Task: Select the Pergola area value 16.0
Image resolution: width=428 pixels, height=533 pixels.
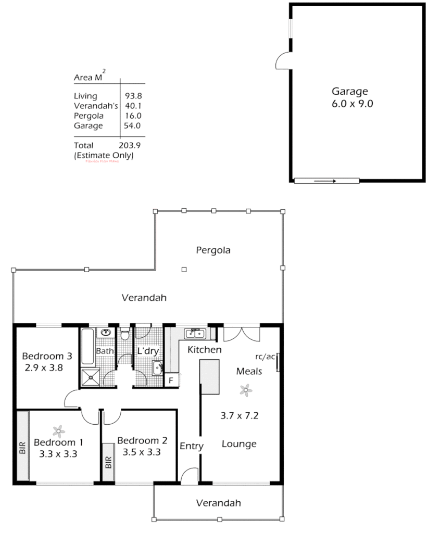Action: coord(133,116)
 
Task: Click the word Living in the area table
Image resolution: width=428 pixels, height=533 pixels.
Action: coord(85,96)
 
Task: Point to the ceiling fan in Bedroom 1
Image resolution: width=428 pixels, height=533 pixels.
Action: coord(59,430)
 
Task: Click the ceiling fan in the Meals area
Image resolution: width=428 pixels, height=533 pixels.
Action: coord(245,389)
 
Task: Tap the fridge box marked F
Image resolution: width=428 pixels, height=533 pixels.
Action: coord(170,380)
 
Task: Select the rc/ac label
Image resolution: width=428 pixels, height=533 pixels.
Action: coord(266,357)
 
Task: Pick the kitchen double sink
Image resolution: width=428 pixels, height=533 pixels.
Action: coord(196,333)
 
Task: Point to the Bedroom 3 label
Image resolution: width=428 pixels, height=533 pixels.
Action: coord(47,357)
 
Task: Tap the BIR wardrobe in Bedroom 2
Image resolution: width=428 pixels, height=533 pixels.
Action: coord(108,462)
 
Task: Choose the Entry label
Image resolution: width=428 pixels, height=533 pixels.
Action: coord(192,446)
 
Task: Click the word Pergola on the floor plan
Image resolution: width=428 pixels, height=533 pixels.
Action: coord(213,250)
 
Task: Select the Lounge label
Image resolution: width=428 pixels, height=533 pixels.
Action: coord(239,444)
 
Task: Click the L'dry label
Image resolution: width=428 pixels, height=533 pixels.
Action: coord(147,351)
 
